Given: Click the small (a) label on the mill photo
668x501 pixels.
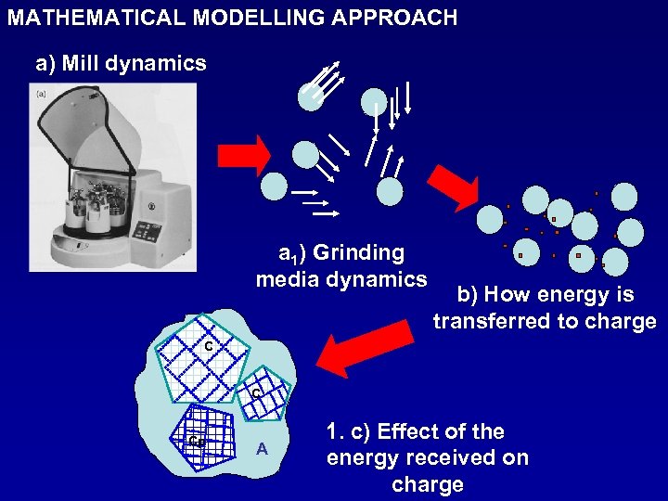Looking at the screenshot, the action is point(41,93).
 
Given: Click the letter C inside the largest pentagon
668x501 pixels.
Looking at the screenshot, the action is point(209,347).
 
